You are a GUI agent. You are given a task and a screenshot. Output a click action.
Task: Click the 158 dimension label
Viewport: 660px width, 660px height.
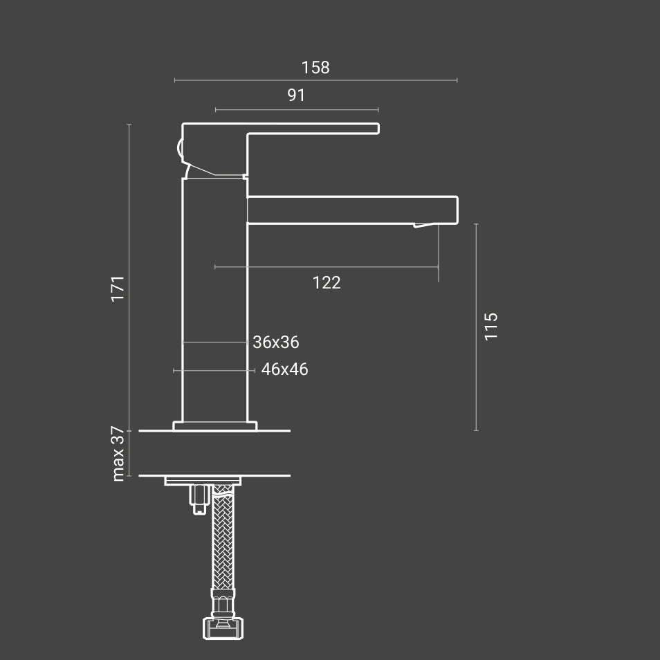315,67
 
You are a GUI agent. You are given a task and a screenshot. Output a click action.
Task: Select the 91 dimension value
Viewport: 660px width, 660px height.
296,95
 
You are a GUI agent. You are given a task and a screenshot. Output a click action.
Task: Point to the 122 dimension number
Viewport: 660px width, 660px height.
327,282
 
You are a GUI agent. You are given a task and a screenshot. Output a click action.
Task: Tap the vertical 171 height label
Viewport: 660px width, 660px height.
118,287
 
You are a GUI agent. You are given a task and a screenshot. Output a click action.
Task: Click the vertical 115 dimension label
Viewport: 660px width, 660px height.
491,326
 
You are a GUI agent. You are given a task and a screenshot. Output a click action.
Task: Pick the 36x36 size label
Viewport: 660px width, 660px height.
276,342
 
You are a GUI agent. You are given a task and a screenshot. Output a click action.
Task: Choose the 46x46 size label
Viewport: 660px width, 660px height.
284,369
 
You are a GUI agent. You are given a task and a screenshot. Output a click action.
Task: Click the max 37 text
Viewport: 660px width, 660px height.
118,454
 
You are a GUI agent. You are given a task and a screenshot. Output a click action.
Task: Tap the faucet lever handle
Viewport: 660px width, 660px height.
311,128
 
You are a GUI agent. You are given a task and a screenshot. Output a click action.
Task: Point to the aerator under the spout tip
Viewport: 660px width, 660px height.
425,225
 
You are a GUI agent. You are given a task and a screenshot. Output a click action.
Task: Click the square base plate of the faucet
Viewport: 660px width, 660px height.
214,426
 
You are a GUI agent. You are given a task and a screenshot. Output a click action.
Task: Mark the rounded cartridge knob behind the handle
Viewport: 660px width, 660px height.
181,148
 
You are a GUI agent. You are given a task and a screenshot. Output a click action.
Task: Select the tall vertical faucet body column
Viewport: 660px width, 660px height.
214,297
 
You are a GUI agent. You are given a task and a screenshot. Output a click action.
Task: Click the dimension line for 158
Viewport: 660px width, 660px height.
315,80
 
